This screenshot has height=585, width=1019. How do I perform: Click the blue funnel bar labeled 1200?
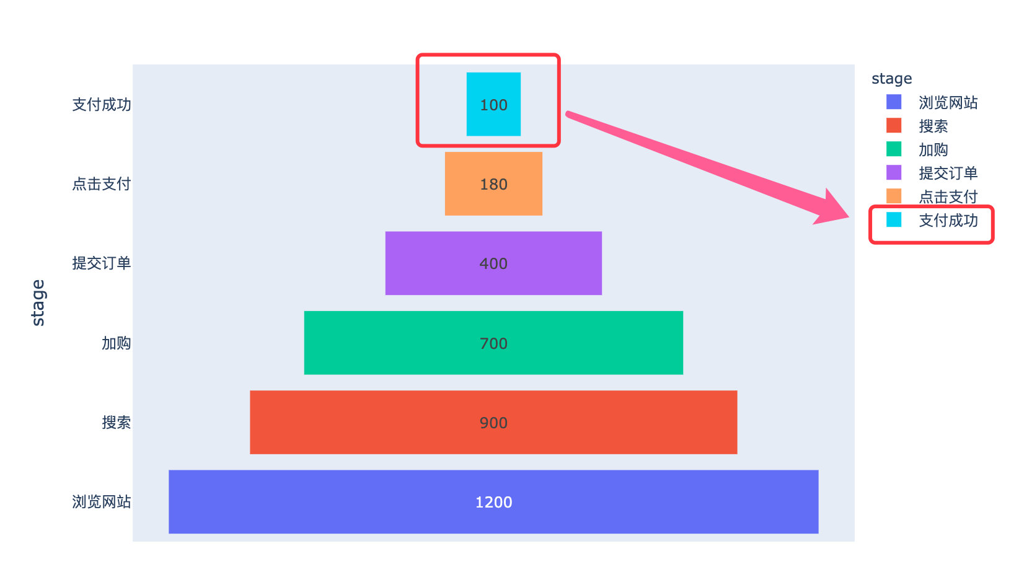coord(493,502)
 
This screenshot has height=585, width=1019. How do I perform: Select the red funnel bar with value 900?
coord(493,423)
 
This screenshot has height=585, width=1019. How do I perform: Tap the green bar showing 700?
coord(493,343)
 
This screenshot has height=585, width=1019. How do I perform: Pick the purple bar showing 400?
coord(493,263)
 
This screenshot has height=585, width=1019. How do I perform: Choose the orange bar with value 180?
coord(493,184)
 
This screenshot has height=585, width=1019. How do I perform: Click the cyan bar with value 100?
coord(493,105)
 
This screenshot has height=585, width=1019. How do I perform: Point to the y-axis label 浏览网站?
coord(102,501)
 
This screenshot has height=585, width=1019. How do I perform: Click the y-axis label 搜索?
coord(117,422)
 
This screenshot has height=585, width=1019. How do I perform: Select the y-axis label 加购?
coord(117,343)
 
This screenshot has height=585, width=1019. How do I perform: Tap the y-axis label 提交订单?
coord(102,263)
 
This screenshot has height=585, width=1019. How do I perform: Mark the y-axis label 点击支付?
coord(102,183)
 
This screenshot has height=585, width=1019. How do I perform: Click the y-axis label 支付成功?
coord(102,104)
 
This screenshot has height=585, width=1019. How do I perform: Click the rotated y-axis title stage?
coord(38,302)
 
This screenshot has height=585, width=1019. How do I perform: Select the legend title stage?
coord(891,79)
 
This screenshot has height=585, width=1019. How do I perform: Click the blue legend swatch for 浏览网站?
coord(894,102)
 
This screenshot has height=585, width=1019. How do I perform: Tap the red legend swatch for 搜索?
coord(894,125)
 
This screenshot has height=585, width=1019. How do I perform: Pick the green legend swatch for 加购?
coord(894,149)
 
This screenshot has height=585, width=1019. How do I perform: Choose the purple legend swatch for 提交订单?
coord(894,172)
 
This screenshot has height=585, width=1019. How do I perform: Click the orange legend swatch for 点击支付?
coord(894,196)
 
